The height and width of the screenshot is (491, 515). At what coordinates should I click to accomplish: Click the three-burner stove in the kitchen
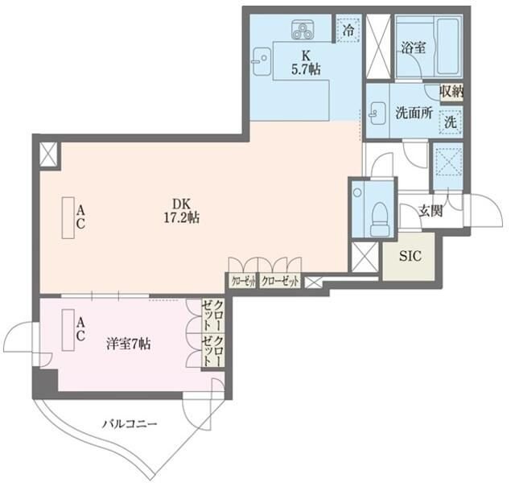[x=305, y=31]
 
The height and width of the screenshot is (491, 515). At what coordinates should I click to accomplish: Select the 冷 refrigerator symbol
[x=347, y=30]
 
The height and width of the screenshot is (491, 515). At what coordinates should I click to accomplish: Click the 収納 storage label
[x=451, y=93]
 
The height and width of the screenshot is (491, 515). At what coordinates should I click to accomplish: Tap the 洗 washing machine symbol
[x=451, y=122]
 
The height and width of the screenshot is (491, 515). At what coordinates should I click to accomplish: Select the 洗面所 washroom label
[x=412, y=113]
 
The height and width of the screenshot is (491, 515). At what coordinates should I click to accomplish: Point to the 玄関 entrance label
[x=431, y=212]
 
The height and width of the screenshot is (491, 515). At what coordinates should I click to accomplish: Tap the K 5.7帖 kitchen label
[x=306, y=63]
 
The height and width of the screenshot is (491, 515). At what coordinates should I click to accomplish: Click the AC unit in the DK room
[x=68, y=217]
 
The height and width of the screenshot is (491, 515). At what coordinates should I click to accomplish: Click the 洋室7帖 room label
[x=129, y=345]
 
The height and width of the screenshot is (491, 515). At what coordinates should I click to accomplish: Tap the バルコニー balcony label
[x=130, y=423]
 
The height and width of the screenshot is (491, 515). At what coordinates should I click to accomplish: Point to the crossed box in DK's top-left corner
[x=48, y=154]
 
